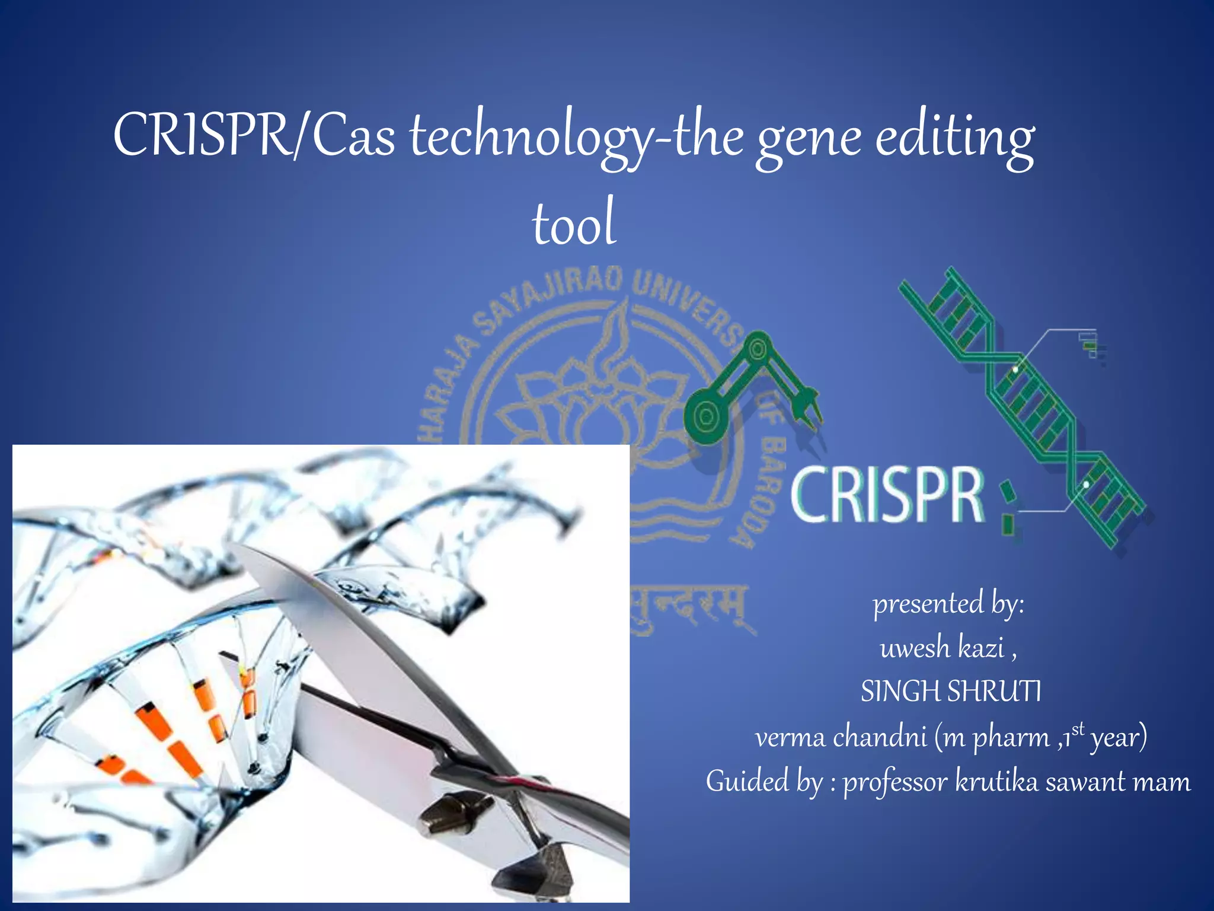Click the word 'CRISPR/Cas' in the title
pos(254,135)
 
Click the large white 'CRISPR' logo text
pos(887,495)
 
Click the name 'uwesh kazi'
pos(943,648)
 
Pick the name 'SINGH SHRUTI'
pos(950,692)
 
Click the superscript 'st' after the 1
pos(1078,728)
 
